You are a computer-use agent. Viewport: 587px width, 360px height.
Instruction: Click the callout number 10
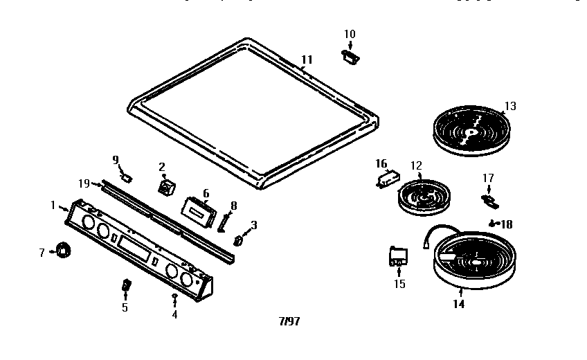(350, 34)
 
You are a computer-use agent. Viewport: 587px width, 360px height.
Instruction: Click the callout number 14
(458, 303)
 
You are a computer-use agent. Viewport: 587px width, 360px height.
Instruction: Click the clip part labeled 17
(489, 201)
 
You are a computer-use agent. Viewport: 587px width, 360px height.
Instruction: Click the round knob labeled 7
(64, 251)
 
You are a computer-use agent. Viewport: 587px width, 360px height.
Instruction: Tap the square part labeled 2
(166, 187)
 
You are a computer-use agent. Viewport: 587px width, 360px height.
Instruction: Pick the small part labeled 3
(240, 241)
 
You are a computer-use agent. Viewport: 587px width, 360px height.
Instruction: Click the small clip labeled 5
(125, 285)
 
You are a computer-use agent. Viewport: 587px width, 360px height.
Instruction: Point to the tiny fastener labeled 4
(174, 297)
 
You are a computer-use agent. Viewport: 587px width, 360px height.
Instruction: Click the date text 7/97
(289, 321)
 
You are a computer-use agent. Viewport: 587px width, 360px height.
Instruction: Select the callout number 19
(84, 183)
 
